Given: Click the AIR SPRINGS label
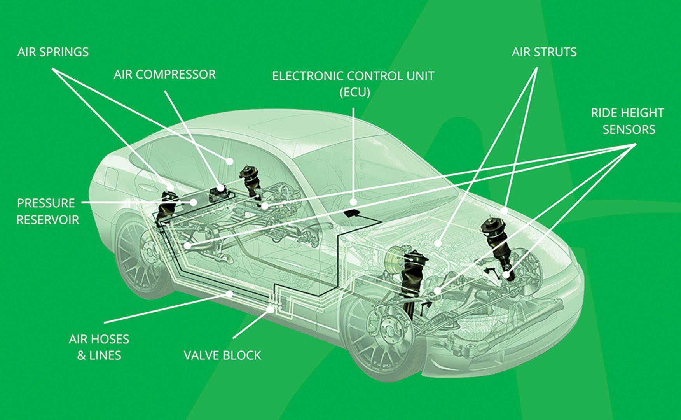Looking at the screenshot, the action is click(x=53, y=52).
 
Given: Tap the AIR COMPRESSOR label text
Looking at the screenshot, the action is click(x=164, y=75).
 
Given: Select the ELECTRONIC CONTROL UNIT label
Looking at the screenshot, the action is click(x=353, y=76).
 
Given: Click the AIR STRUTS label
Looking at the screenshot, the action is click(x=544, y=52).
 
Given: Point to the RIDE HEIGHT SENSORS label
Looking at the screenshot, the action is click(x=627, y=121).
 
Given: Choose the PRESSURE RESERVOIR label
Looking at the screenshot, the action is click(x=47, y=211).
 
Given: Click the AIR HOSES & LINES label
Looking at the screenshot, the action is click(x=99, y=347).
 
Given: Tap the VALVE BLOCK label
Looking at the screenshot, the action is click(x=222, y=355).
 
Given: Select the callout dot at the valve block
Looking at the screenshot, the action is click(x=271, y=309).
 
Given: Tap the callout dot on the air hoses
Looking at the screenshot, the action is click(x=229, y=294).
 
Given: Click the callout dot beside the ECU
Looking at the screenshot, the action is click(x=353, y=202).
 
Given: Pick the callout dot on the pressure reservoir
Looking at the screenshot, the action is click(x=193, y=202).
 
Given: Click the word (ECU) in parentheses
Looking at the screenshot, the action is click(x=354, y=93).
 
